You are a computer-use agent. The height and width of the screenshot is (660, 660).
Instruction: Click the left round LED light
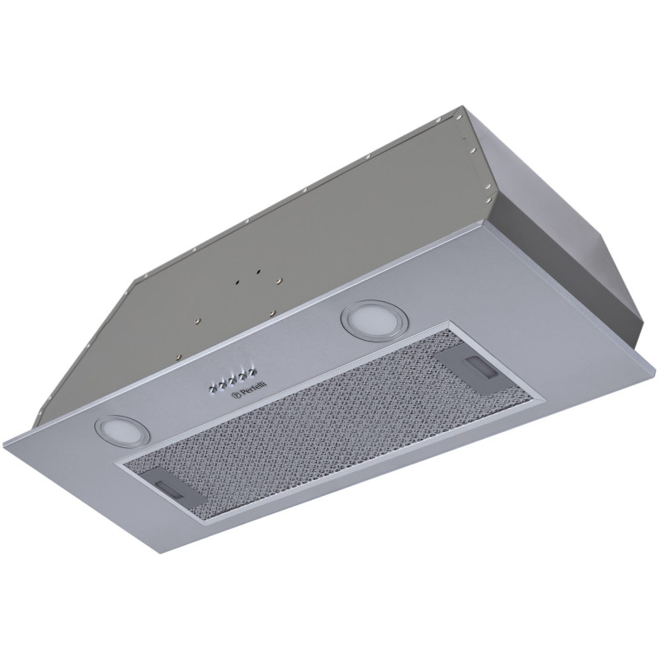coord(115,428)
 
